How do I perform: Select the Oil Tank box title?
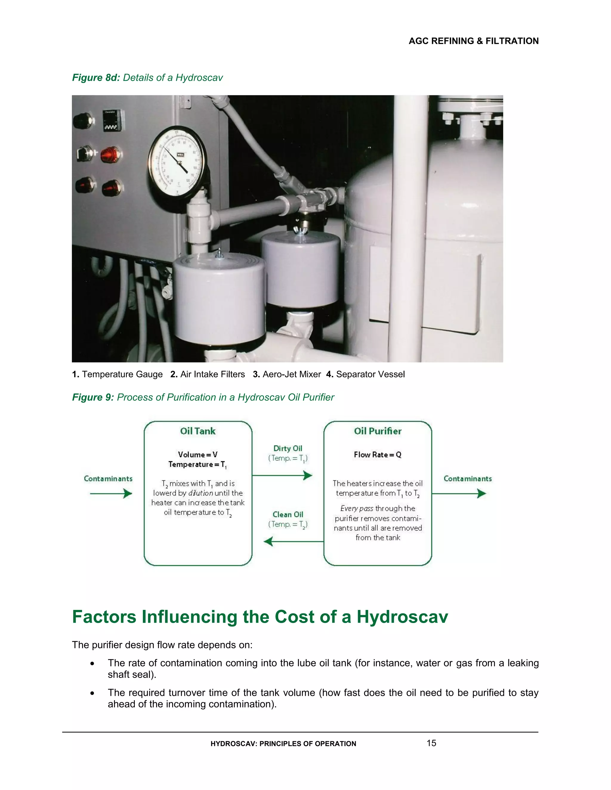[x=198, y=431]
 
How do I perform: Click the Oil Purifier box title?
[x=377, y=431]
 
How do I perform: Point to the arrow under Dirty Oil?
[x=282, y=475]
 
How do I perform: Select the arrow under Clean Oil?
[x=293, y=541]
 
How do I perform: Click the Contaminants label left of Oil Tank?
[x=108, y=478]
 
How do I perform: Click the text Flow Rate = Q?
[x=377, y=455]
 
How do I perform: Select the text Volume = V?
[x=198, y=455]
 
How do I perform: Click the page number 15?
[x=431, y=743]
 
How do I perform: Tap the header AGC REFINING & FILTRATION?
[x=473, y=41]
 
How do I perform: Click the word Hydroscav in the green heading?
[x=402, y=617]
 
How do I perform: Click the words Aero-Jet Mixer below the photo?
[x=291, y=374]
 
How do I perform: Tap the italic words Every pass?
[x=357, y=509]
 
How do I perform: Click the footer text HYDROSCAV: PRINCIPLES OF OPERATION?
[x=283, y=744]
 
